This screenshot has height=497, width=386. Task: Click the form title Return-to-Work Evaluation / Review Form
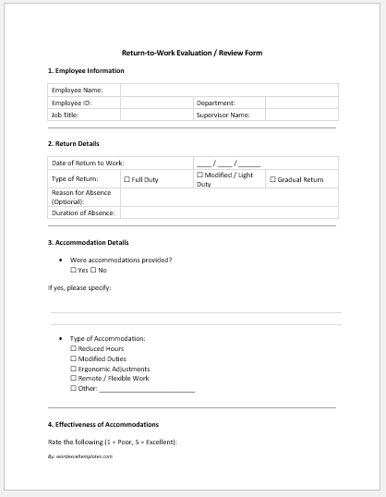(x=192, y=53)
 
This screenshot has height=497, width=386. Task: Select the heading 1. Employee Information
(x=86, y=70)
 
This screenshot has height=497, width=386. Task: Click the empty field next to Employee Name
(x=228, y=91)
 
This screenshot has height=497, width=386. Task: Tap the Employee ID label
(x=71, y=103)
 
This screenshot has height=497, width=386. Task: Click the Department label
(x=216, y=103)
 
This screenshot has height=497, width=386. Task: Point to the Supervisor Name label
(x=223, y=115)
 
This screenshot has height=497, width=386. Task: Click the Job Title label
(x=66, y=115)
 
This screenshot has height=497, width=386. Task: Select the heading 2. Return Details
(x=74, y=143)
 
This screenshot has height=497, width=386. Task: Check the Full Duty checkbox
(x=127, y=179)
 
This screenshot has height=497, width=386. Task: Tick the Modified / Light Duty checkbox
(x=200, y=175)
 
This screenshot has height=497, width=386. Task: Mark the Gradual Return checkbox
(x=272, y=179)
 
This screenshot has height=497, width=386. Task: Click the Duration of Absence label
(x=83, y=212)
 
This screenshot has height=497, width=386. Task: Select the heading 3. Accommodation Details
(x=93, y=242)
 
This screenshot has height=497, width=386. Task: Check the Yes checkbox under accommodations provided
(x=73, y=270)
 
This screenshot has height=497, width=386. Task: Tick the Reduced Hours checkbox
(x=73, y=349)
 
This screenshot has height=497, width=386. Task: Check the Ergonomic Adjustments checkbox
(x=73, y=369)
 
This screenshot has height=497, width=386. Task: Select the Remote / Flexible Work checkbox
(x=73, y=379)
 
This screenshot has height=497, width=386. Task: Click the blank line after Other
(x=147, y=389)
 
